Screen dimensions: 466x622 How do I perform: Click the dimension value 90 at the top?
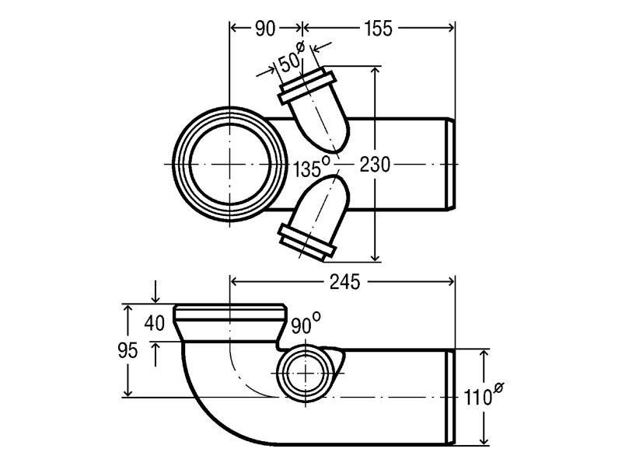pos(265,29)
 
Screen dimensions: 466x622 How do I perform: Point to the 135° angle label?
pos(311,166)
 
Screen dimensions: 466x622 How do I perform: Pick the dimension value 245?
pos(343,282)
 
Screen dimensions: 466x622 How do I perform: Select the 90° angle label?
pos(304,325)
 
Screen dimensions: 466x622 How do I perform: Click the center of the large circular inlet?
pos(230,164)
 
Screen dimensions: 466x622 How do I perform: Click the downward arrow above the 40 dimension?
pos(156,294)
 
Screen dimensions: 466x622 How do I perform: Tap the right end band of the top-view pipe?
pos(449,164)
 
